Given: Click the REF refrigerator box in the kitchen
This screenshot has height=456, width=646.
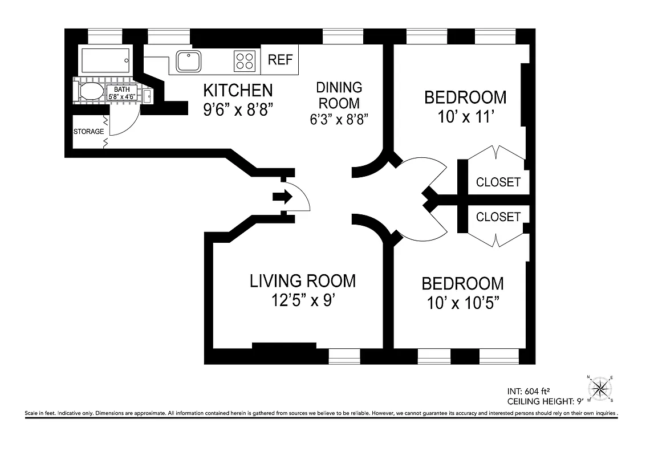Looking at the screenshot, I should click(280, 60).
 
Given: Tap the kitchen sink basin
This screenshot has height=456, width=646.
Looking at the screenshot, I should click(189, 61).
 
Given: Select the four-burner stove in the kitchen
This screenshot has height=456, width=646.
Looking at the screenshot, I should click(245, 61).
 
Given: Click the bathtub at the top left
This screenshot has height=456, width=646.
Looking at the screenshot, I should click(105, 59).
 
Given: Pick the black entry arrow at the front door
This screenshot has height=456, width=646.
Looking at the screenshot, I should click(282, 197).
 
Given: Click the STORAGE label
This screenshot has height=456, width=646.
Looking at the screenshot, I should click(88, 132).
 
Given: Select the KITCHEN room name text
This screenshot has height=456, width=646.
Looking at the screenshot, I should click(238, 90).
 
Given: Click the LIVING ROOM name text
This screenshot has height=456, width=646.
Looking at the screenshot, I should click(303, 280).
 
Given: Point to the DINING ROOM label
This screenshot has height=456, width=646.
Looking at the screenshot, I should click(339, 95).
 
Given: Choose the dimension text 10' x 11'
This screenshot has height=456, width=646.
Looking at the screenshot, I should click(465, 117).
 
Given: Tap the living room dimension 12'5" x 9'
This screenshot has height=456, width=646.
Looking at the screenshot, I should click(303, 300).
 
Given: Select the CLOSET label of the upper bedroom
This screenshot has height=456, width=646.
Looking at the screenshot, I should click(498, 182).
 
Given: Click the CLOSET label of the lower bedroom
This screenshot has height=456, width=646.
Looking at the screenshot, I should click(498, 217).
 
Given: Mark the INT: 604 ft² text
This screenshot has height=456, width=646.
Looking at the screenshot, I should click(531, 392).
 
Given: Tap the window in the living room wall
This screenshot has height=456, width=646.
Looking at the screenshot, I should click(344, 356).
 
